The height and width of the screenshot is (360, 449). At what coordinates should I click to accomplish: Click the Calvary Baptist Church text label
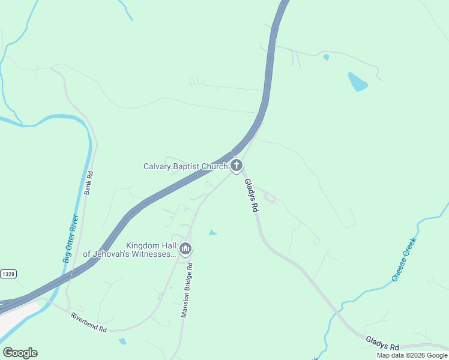[185, 166]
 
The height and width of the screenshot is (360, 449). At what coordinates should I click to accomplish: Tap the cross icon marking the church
[237, 165]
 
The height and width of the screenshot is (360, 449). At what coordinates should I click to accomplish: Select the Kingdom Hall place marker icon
[185, 248]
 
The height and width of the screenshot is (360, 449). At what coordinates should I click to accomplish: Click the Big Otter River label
[71, 239]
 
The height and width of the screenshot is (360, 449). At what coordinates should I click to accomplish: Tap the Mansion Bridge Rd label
[187, 290]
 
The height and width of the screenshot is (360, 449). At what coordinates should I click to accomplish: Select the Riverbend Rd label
[88, 322]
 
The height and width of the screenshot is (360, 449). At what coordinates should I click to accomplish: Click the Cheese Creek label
[404, 259]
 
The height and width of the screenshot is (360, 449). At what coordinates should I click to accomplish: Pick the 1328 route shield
[8, 274]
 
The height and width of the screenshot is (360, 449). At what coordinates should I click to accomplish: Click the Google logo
[20, 353]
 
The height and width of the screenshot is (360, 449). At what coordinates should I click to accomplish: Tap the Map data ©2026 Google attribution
[412, 355]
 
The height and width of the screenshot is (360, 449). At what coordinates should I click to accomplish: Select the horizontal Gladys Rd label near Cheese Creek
[382, 343]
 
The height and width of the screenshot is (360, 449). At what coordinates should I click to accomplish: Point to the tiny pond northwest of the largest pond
[326, 57]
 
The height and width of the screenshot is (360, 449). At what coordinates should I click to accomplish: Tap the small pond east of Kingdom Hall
[212, 232]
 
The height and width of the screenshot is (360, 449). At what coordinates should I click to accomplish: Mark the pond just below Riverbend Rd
[122, 341]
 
